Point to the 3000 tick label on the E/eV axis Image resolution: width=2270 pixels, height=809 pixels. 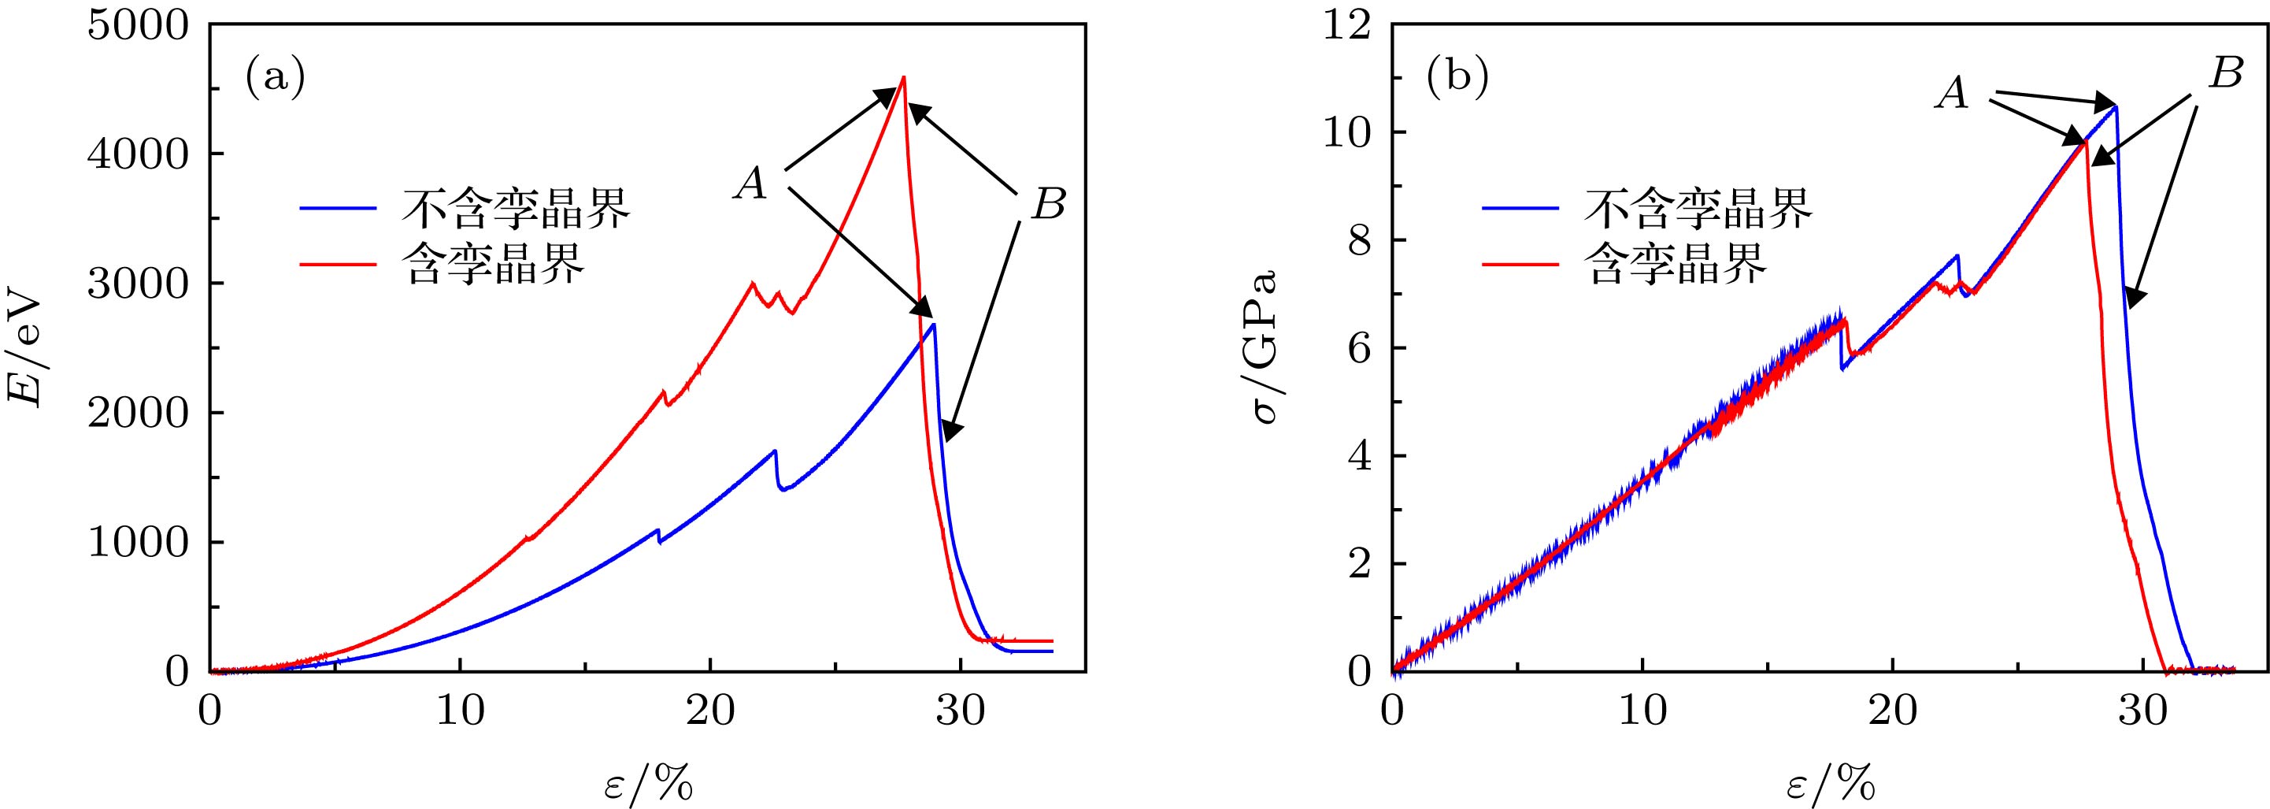point(138,284)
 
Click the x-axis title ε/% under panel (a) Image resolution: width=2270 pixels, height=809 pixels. point(648,781)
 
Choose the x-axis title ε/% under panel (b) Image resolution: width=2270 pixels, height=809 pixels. point(1831,781)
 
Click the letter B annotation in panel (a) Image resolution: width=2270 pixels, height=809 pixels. point(1048,206)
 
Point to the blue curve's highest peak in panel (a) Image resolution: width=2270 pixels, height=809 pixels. point(933,325)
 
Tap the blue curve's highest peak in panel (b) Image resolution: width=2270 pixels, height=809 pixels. point(2115,106)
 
